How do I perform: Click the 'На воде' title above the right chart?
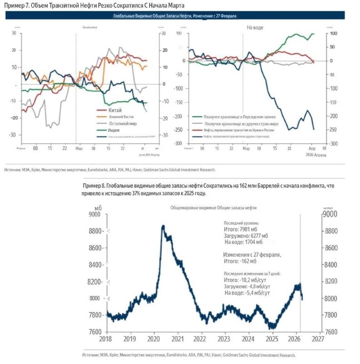pos(255,28)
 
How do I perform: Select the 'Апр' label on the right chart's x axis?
pos(312,149)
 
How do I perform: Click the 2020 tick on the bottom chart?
pos(154,339)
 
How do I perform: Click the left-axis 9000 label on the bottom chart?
pos(95,214)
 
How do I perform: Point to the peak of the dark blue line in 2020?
pos(163,226)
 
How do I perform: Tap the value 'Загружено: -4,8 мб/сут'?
pos(247,287)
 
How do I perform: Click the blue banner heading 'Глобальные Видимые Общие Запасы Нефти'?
pos(175,16)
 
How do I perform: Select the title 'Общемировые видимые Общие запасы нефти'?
pos(213,207)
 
